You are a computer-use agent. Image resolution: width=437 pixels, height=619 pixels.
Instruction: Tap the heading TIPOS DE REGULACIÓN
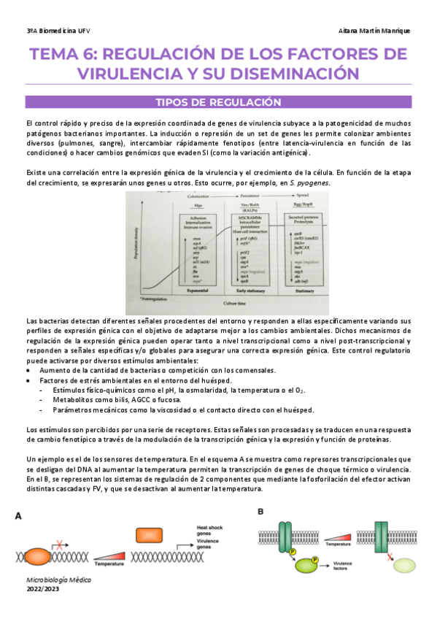(218, 102)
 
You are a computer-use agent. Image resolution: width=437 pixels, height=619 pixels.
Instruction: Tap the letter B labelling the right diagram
(260, 512)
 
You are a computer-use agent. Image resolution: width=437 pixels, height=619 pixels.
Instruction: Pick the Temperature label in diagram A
(109, 564)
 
